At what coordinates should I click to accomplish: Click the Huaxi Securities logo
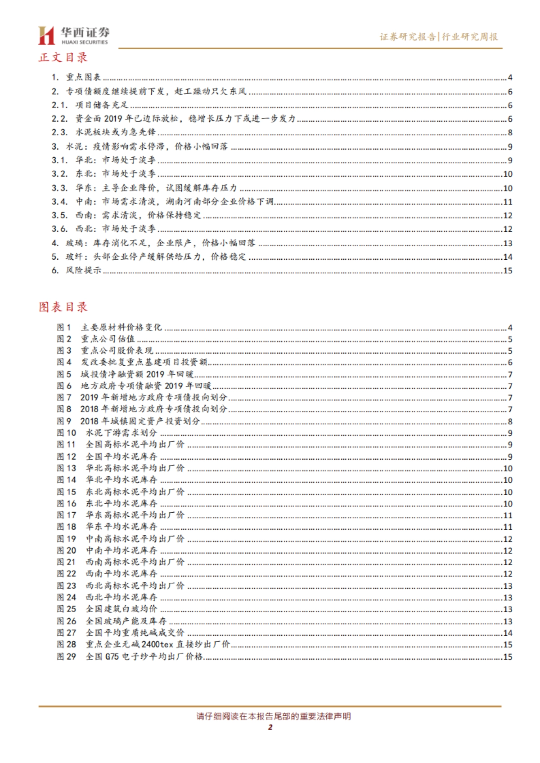pos(73,35)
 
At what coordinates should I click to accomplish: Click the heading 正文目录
pos(63,58)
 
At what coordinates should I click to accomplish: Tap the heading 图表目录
pos(63,307)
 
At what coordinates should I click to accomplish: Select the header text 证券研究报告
pos(407,37)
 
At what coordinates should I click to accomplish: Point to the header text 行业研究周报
pos(470,37)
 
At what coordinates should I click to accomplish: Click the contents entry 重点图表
pos(83,77)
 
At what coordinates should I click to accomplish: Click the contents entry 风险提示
pos(83,270)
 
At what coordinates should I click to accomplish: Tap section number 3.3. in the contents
pos(59,188)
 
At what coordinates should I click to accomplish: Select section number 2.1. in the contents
pos(59,105)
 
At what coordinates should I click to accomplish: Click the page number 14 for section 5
pos(508,257)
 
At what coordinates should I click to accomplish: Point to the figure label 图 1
pos(64,328)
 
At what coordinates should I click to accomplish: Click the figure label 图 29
pos(66,657)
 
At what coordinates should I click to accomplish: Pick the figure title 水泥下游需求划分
pos(121,433)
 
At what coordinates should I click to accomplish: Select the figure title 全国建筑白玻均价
pos(121,609)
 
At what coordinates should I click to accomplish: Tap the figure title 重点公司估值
pos(108,339)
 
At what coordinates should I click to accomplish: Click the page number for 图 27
pos(508,633)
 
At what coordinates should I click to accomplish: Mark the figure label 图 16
pos(66,504)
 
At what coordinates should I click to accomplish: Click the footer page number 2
pos(270,727)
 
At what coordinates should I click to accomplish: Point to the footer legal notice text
pos(274,716)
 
